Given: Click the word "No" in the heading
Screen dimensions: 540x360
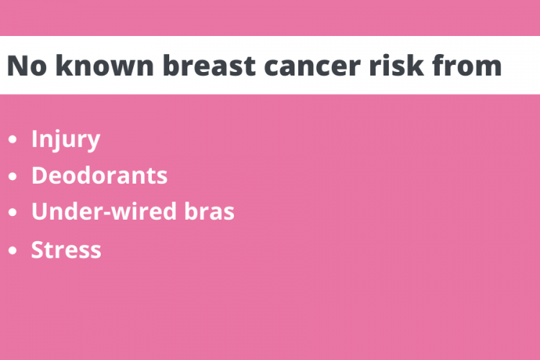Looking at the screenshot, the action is coord(27,66).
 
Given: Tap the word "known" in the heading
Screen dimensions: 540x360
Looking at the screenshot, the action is coord(104,65).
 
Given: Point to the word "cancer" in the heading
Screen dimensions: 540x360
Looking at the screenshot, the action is coord(312,67).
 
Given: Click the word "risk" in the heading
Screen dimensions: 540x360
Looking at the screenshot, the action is coord(397,65).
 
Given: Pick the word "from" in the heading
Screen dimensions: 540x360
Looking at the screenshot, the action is coord(467,65).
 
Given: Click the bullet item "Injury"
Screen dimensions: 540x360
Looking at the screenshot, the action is coord(66,140).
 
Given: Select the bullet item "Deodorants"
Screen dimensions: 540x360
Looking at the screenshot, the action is coord(99,176).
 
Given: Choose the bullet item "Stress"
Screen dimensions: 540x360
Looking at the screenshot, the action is coord(66,250).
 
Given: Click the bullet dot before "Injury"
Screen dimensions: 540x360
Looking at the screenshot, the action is coord(13,140).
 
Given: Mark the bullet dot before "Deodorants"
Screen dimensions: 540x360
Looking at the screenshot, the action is coord(13,176).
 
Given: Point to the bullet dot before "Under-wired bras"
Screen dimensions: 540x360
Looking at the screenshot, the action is coord(13,212).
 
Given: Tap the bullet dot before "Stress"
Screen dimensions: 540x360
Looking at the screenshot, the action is coord(13,251).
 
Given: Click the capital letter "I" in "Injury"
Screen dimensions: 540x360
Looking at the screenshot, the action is coord(35,138).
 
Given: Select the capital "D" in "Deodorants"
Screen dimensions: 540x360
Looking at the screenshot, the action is coord(40,176).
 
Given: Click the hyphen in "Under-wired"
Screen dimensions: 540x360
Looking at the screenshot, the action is coord(107,213).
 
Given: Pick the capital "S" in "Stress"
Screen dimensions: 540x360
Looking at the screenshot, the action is coord(37,249).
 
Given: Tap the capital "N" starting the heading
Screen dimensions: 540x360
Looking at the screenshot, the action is coord(16,66).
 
